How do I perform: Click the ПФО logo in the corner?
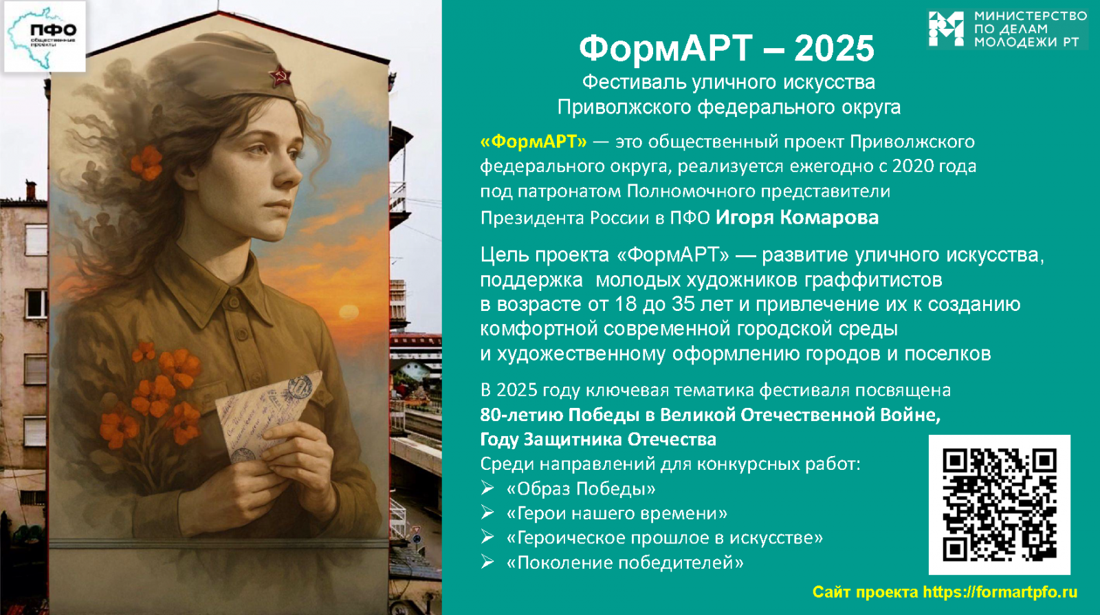(x=45, y=37)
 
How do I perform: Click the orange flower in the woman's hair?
(x=146, y=162)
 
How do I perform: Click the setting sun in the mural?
(x=349, y=312)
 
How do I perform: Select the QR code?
(x=1000, y=504)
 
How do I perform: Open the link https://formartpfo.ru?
(x=1000, y=592)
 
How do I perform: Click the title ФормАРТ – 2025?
(x=727, y=48)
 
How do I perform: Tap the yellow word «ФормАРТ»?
(x=533, y=142)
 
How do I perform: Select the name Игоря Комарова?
(x=797, y=217)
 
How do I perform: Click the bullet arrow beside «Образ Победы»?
(x=487, y=488)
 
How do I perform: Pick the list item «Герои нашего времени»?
(x=617, y=513)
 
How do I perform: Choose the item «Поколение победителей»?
(x=625, y=563)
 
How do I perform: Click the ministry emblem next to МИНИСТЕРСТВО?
(x=946, y=29)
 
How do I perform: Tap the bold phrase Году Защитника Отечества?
(x=598, y=439)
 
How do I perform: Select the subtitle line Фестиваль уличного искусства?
(x=729, y=82)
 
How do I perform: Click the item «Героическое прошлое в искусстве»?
(x=665, y=538)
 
